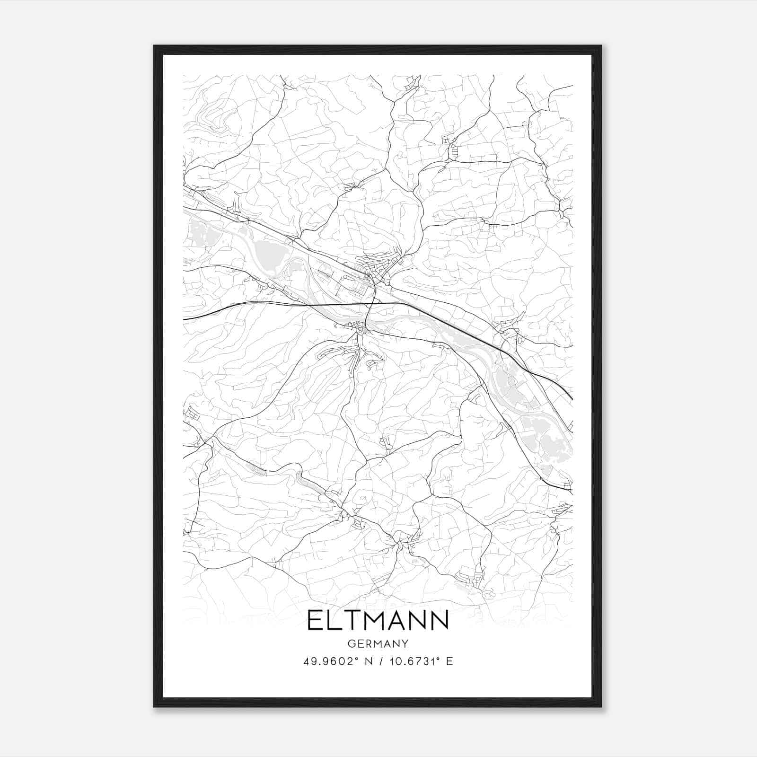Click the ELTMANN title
[x=378, y=620]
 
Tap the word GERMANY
[x=378, y=644]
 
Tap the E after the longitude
[x=449, y=661]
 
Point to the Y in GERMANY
[x=405, y=644]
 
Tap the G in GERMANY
[x=351, y=644]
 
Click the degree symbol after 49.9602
[x=357, y=659]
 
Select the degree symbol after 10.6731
[x=439, y=659]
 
